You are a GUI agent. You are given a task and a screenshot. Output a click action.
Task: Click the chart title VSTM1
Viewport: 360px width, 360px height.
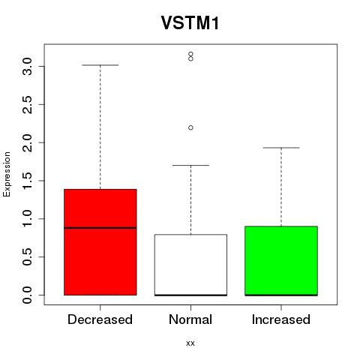(190, 23)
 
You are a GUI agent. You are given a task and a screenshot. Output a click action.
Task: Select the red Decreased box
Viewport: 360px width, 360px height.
(100, 242)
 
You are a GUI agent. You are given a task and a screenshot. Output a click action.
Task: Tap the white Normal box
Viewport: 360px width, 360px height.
(190, 265)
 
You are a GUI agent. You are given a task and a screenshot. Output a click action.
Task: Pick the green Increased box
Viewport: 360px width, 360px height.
(281, 261)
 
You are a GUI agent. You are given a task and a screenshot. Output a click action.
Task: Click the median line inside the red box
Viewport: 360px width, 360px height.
(100, 228)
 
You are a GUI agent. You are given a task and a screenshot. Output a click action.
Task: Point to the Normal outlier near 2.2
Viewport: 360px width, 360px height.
(190, 127)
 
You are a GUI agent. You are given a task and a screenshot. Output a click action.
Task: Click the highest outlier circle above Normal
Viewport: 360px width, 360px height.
(190, 54)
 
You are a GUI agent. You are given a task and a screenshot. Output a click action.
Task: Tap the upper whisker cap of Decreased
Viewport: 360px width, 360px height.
(100, 65)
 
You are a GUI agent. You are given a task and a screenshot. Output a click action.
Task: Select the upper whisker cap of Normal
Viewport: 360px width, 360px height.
(190, 165)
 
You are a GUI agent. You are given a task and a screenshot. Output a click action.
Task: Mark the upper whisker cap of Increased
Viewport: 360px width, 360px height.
(281, 148)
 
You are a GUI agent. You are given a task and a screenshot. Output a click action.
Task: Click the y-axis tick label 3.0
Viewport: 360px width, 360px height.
(27, 67)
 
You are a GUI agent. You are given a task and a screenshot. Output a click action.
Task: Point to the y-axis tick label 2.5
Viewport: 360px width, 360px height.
(27, 104)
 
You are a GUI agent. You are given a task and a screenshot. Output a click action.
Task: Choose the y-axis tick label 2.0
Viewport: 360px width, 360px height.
(27, 142)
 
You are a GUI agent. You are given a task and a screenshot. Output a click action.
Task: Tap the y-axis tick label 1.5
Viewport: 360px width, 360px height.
(27, 181)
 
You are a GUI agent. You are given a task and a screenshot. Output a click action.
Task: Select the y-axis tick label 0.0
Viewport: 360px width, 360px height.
(27, 295)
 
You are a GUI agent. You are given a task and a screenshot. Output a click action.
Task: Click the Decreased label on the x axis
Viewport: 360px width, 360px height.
(100, 319)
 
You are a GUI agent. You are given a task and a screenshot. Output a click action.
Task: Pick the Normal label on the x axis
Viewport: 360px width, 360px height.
(190, 319)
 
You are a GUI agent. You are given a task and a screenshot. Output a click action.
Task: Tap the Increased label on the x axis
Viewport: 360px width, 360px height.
(281, 319)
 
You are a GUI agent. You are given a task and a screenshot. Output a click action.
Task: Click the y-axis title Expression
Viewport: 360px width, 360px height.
(7, 175)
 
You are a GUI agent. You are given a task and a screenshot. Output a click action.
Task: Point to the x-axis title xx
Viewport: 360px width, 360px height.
(190, 343)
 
